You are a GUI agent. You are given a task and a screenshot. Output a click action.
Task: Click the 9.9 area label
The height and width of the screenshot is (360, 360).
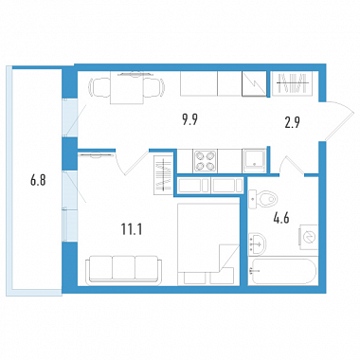(x=190, y=120)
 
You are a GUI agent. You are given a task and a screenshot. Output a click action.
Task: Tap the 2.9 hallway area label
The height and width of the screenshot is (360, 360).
(x=293, y=122)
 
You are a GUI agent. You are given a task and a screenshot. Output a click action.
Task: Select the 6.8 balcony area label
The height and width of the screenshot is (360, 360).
(x=38, y=181)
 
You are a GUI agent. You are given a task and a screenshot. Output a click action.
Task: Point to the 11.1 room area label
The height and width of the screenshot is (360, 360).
(x=132, y=229)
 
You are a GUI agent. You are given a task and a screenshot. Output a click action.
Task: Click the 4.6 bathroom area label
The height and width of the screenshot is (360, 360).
(x=281, y=218)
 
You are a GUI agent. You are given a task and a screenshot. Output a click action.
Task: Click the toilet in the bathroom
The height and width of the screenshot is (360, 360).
(x=262, y=199)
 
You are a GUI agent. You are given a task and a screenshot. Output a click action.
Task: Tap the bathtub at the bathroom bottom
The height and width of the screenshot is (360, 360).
(x=282, y=271)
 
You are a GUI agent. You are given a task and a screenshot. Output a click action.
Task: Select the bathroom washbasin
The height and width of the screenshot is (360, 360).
(x=257, y=243)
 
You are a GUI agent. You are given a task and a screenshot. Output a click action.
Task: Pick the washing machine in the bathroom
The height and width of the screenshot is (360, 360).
(x=309, y=237)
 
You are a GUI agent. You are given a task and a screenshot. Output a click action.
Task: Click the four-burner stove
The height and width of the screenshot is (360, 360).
(x=205, y=161)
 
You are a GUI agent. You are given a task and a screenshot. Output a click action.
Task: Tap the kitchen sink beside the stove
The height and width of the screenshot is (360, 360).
(x=254, y=161)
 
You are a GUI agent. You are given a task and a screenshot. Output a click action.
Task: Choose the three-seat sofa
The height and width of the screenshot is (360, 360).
(x=123, y=268)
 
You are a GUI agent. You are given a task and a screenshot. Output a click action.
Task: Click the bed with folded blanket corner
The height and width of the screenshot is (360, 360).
(x=208, y=244)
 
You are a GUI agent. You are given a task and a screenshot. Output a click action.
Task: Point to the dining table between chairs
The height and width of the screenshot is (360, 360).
(x=127, y=88)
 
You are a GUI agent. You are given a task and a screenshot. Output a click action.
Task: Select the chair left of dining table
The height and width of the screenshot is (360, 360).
(x=100, y=87)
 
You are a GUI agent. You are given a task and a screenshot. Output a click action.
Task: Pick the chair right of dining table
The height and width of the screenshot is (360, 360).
(x=154, y=87)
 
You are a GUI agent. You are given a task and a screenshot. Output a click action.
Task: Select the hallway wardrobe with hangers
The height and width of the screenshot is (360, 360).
(x=292, y=82)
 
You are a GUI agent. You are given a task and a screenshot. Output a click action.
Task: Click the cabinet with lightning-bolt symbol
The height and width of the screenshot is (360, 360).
(x=254, y=83)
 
